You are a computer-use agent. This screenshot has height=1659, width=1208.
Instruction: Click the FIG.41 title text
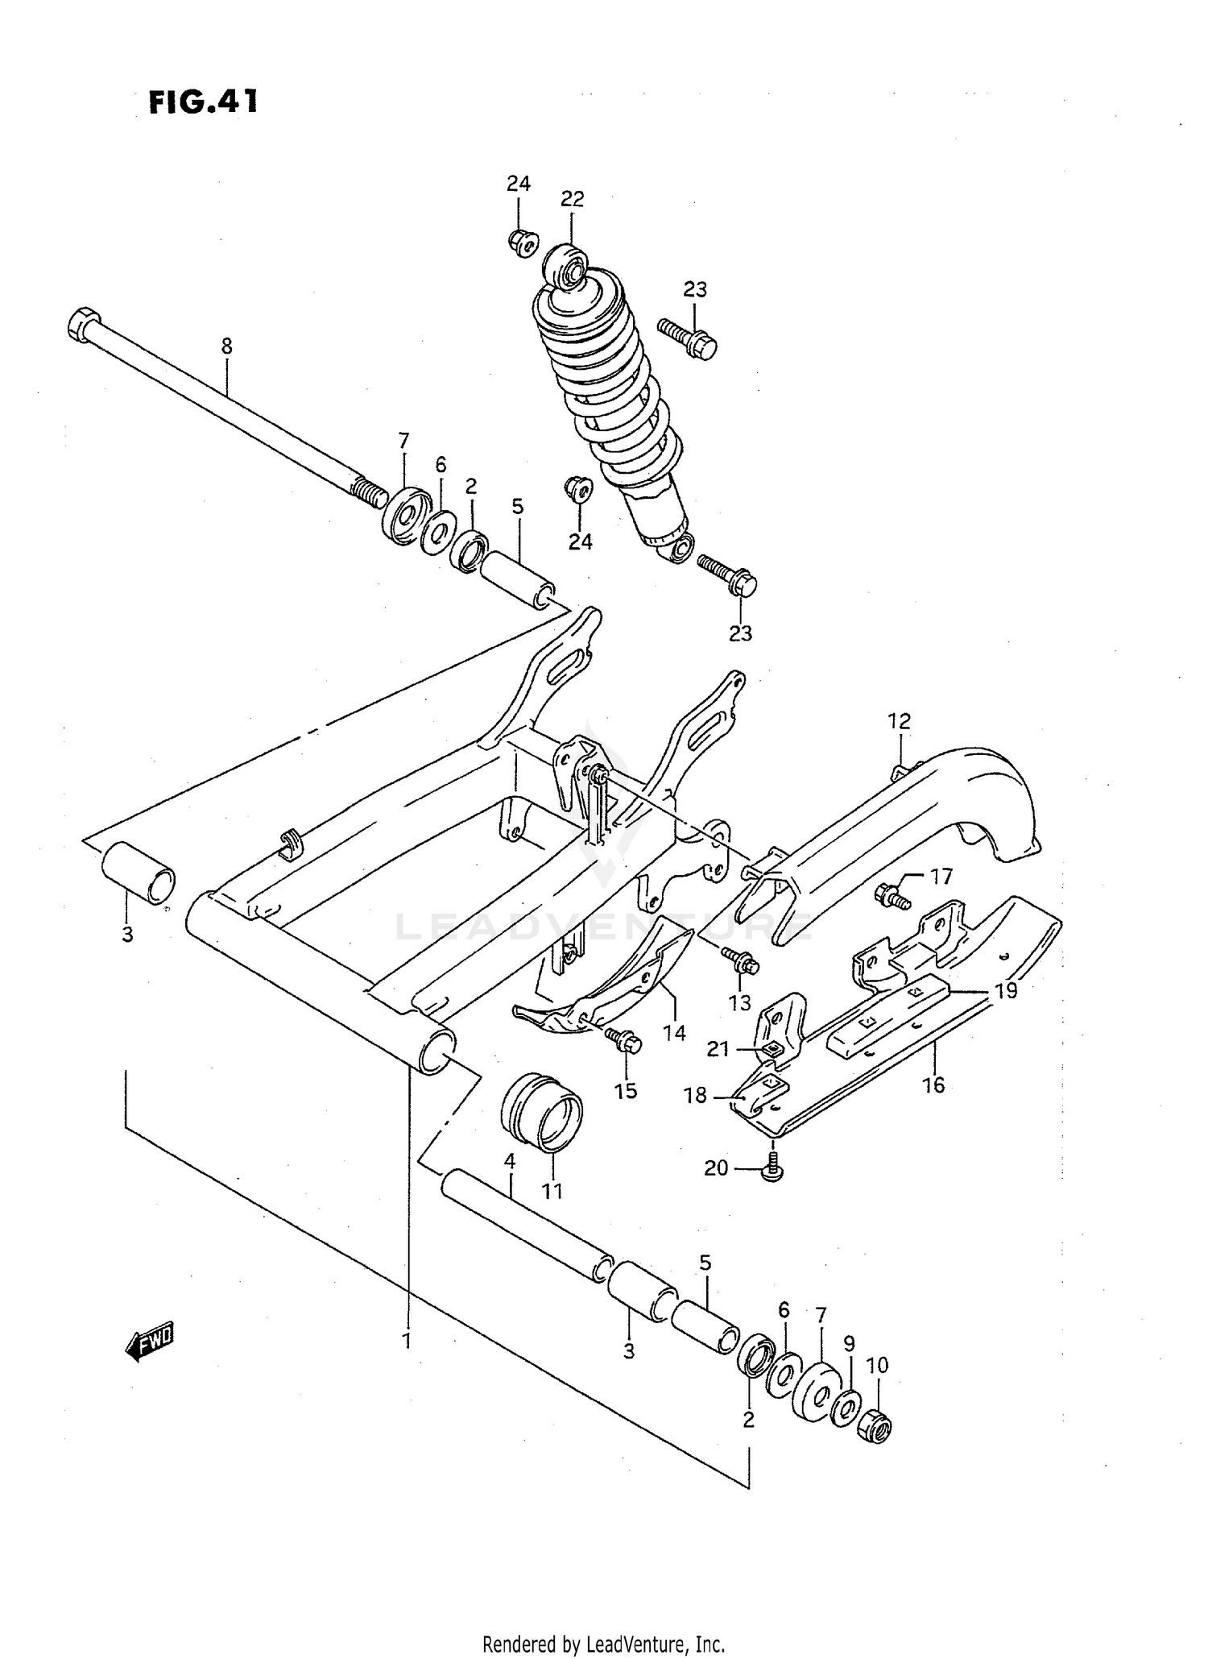click(x=204, y=102)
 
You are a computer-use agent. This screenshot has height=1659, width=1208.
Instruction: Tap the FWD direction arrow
click(x=150, y=1341)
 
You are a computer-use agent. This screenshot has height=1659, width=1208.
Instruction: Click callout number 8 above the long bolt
click(x=227, y=346)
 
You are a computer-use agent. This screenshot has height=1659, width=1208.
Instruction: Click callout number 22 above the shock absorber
click(x=572, y=198)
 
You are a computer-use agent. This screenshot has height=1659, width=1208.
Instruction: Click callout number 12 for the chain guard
click(x=899, y=721)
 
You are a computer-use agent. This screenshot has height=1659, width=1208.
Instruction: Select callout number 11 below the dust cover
click(x=552, y=1191)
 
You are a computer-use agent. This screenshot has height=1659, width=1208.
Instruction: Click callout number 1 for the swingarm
click(x=407, y=1341)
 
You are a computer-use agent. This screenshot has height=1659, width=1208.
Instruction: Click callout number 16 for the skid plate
click(x=933, y=1085)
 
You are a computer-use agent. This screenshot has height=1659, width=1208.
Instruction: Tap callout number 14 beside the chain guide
click(x=675, y=1032)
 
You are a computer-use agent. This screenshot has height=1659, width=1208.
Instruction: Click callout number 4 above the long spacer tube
click(x=510, y=1162)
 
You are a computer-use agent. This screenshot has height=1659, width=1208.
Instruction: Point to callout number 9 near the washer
click(x=849, y=1343)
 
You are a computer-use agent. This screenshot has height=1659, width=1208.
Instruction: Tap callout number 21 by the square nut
click(x=718, y=1049)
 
